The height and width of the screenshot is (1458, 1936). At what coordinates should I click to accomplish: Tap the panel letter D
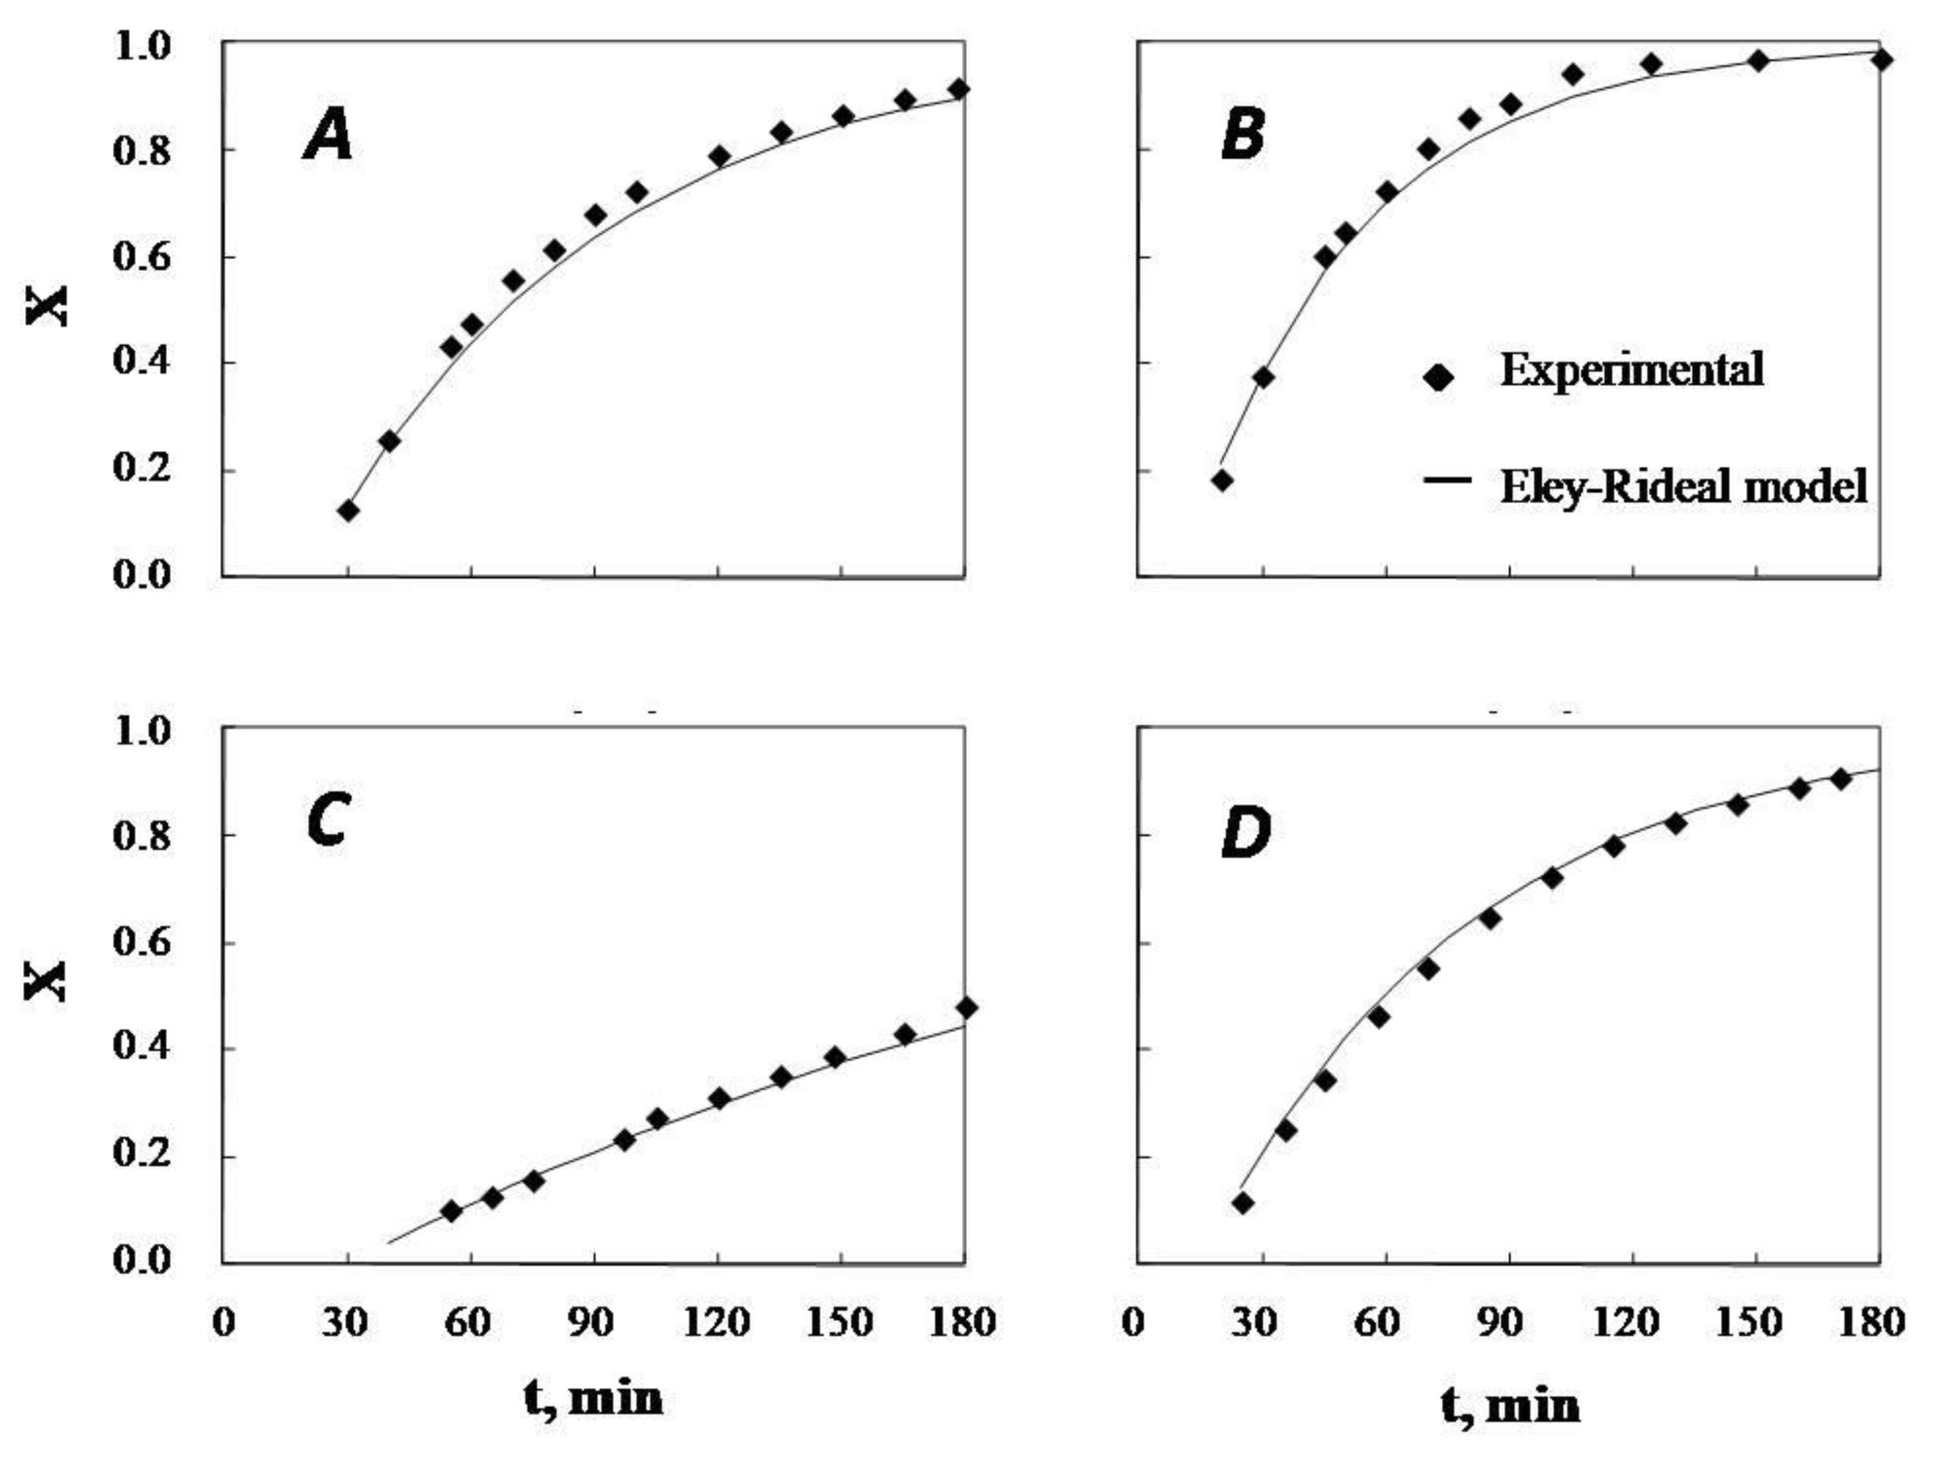coord(1245,834)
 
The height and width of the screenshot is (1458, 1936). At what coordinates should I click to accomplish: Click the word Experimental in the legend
coord(1631,369)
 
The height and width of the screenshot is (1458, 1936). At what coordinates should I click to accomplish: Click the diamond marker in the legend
coord(1438,377)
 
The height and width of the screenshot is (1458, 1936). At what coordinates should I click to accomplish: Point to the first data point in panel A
coord(348,510)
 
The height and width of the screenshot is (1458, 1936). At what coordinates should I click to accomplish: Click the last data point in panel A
coord(958,89)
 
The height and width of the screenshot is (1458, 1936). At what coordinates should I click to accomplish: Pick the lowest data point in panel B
coord(1223,479)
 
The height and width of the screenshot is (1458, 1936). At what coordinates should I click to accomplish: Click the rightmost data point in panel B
coord(1882,60)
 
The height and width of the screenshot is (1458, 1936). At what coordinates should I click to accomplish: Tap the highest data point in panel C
coord(966,1007)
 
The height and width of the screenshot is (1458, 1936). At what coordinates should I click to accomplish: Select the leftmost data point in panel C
coord(452,1211)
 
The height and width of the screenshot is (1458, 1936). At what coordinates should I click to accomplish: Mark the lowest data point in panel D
coord(1243,1202)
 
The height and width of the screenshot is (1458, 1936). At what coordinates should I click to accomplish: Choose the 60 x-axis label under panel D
coord(1378,1322)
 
